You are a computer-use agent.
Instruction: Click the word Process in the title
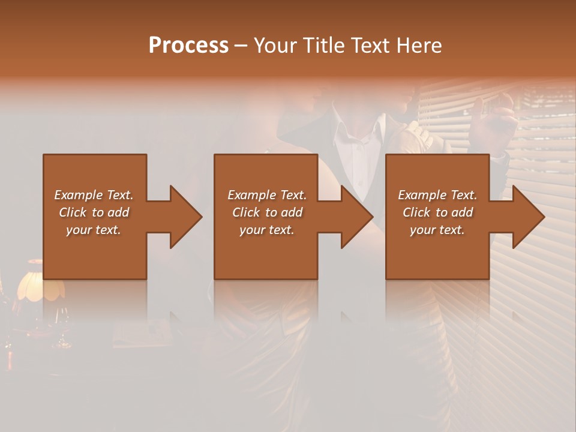(188, 46)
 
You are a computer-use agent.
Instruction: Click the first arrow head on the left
(185, 217)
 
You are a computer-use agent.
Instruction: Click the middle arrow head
(356, 217)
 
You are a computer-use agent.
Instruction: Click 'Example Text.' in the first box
(94, 195)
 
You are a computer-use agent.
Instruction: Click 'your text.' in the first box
(94, 230)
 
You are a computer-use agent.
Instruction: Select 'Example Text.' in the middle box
(267, 195)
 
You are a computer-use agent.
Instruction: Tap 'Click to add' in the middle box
(267, 212)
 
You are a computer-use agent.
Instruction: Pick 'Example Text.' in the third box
(437, 195)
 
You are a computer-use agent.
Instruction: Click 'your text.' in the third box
(437, 230)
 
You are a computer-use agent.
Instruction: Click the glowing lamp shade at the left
(39, 285)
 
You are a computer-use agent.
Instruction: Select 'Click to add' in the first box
(94, 212)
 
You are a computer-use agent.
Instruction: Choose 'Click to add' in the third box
(437, 212)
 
